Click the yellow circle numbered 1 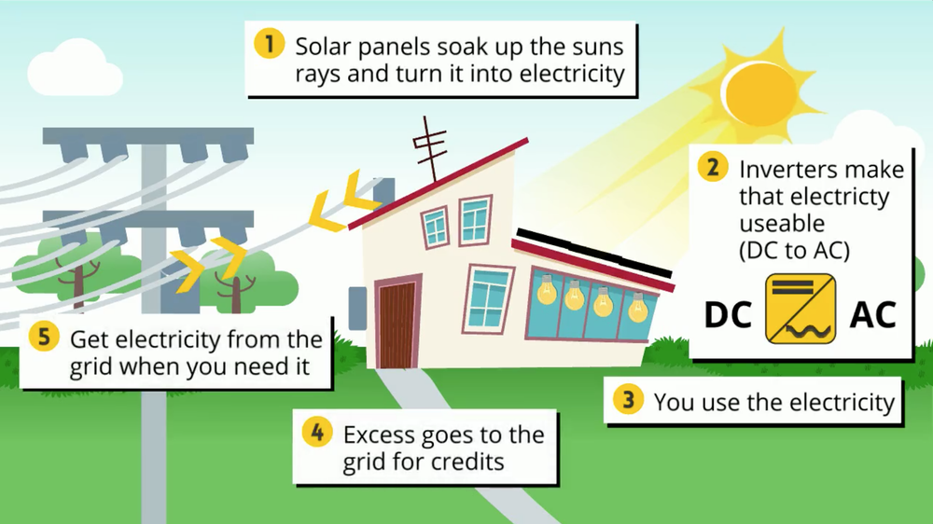tap(270, 45)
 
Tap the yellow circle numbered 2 tap(713, 168)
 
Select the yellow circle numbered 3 tap(629, 402)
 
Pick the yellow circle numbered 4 tap(318, 434)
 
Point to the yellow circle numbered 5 tap(44, 338)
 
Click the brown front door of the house tap(397, 324)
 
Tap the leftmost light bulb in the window tap(547, 295)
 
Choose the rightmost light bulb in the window tap(637, 305)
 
